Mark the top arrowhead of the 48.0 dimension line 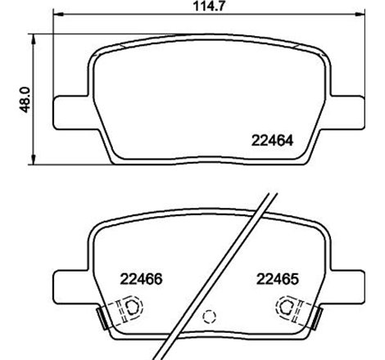click(33, 36)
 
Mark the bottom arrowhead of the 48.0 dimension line click(33, 160)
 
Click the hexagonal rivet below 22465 click(288, 308)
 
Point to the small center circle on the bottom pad click(208, 315)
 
